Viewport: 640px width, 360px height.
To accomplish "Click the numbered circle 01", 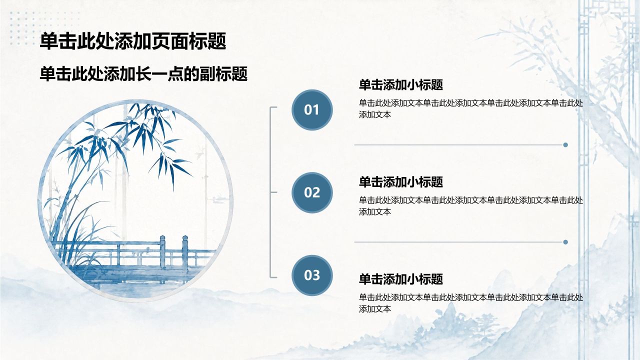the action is coord(312,110).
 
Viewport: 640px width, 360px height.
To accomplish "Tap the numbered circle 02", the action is coord(312,192).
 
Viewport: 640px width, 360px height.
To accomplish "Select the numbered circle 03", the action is coord(312,275).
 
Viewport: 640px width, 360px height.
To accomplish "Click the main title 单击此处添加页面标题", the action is coord(133,41).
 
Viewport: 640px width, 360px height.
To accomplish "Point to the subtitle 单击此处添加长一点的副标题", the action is coord(143,74).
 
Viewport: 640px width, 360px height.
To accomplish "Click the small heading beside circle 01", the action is coord(401,85).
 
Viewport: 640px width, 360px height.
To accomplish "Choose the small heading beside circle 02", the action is coord(401,182).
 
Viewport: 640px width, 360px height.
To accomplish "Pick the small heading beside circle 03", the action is coord(401,279).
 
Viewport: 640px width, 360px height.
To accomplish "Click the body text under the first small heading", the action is coord(471,109).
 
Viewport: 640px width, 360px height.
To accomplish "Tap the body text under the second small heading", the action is coord(471,206).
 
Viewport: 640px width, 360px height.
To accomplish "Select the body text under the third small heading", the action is coord(471,303).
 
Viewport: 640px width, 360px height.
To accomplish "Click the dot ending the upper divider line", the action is coord(565,145).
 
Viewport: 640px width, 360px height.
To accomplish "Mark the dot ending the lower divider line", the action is coord(565,242).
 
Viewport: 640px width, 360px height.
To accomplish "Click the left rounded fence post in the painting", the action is coord(162,252).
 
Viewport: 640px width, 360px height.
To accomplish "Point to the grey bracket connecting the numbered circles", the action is coord(270,192).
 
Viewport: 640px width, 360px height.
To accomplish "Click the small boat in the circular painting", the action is coord(220,198).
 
